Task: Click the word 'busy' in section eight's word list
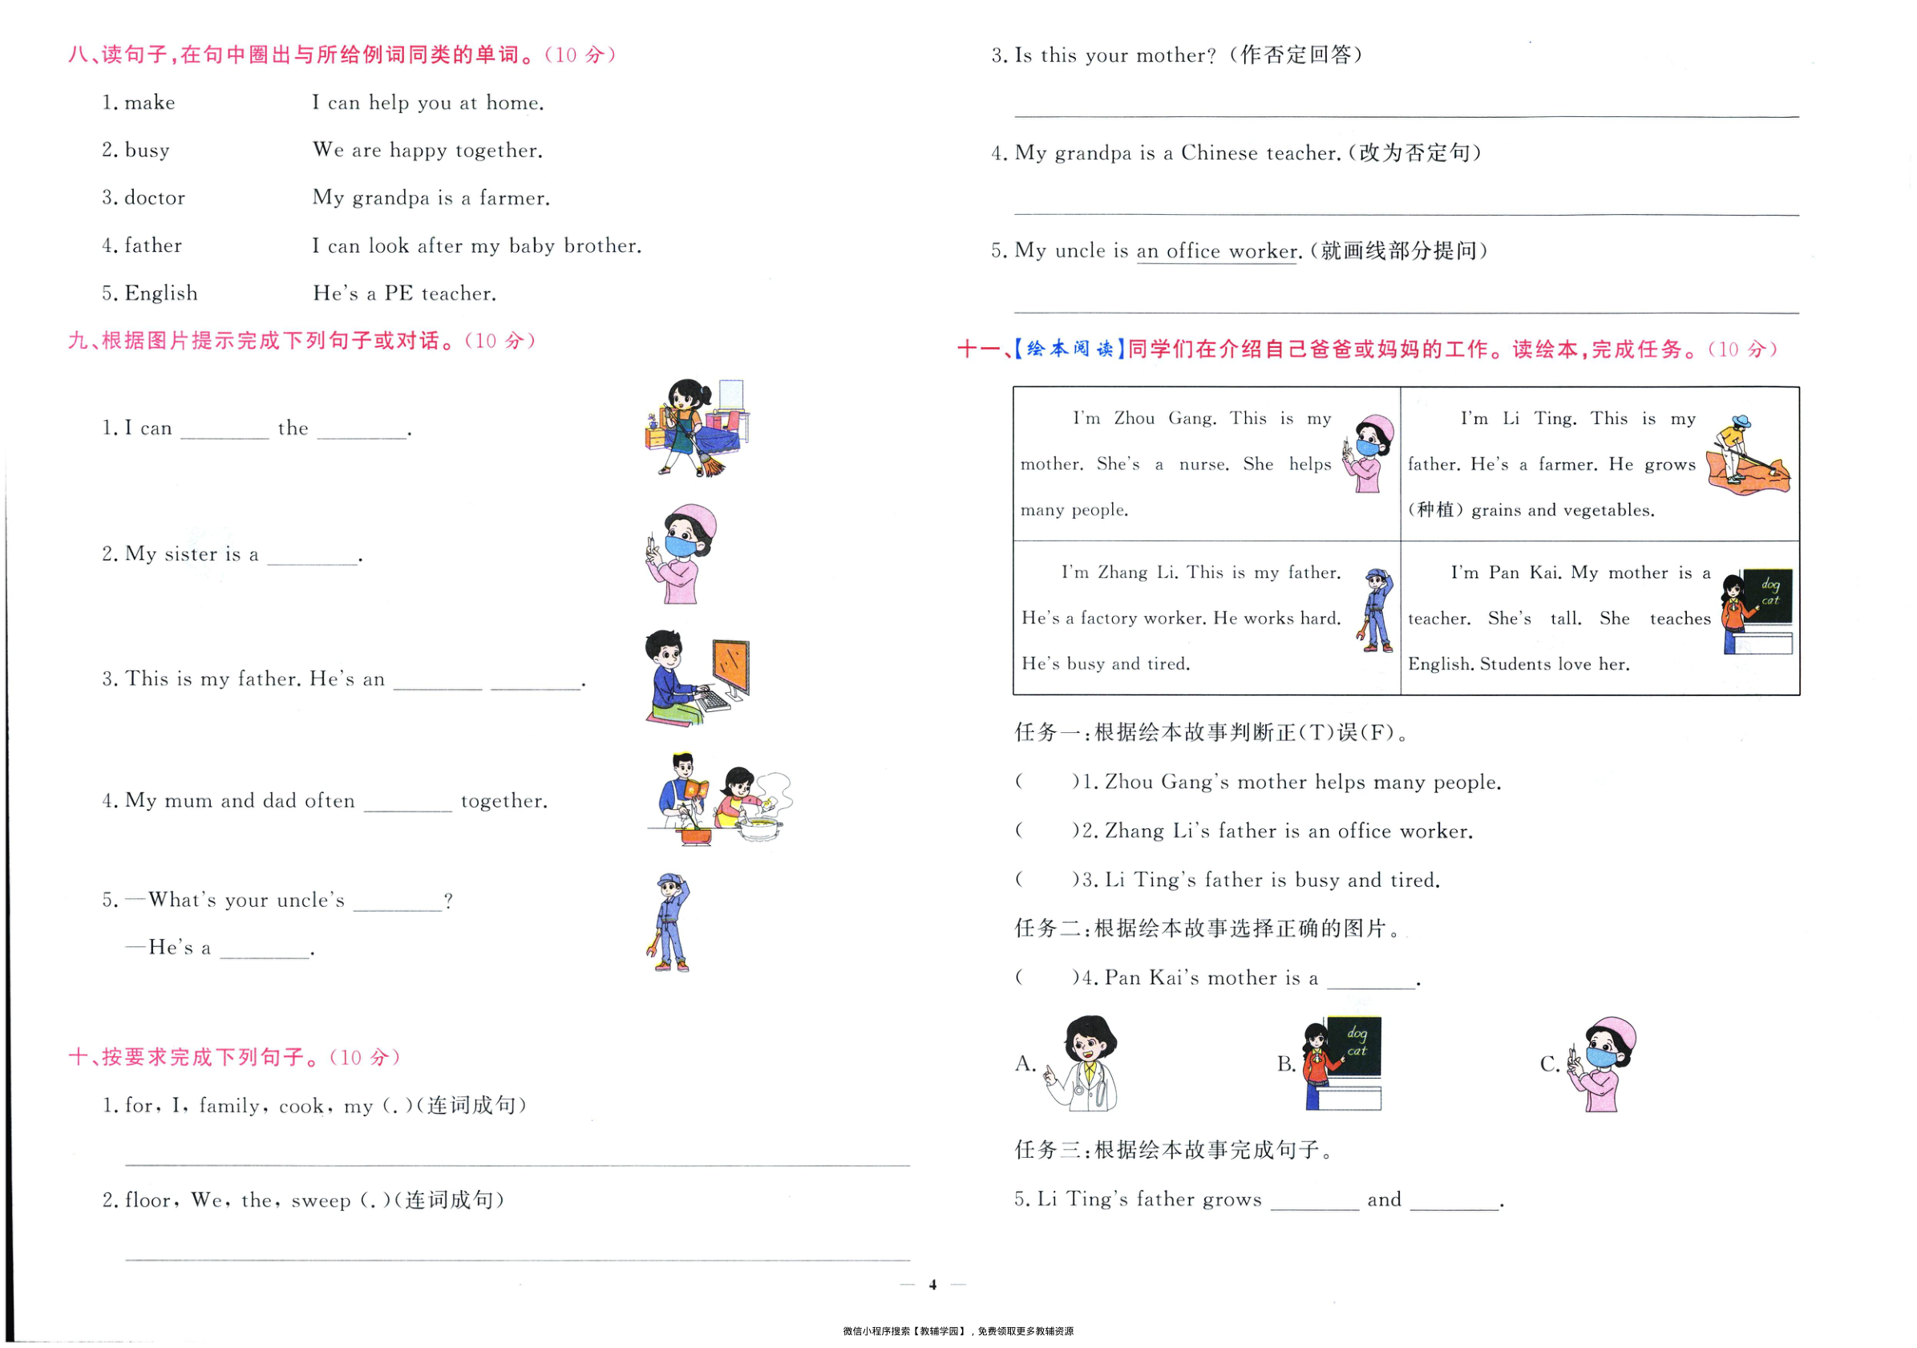pyautogui.click(x=147, y=150)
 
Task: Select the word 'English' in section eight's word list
pyautogui.click(x=161, y=293)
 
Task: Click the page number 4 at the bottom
pyautogui.click(x=932, y=1285)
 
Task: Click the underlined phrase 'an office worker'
pyautogui.click(x=1217, y=251)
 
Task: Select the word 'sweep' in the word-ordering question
pyautogui.click(x=321, y=1201)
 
